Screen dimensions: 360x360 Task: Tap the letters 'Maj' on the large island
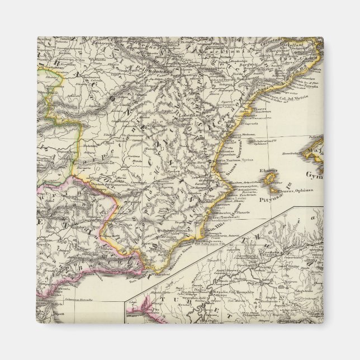click(x=347, y=151)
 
